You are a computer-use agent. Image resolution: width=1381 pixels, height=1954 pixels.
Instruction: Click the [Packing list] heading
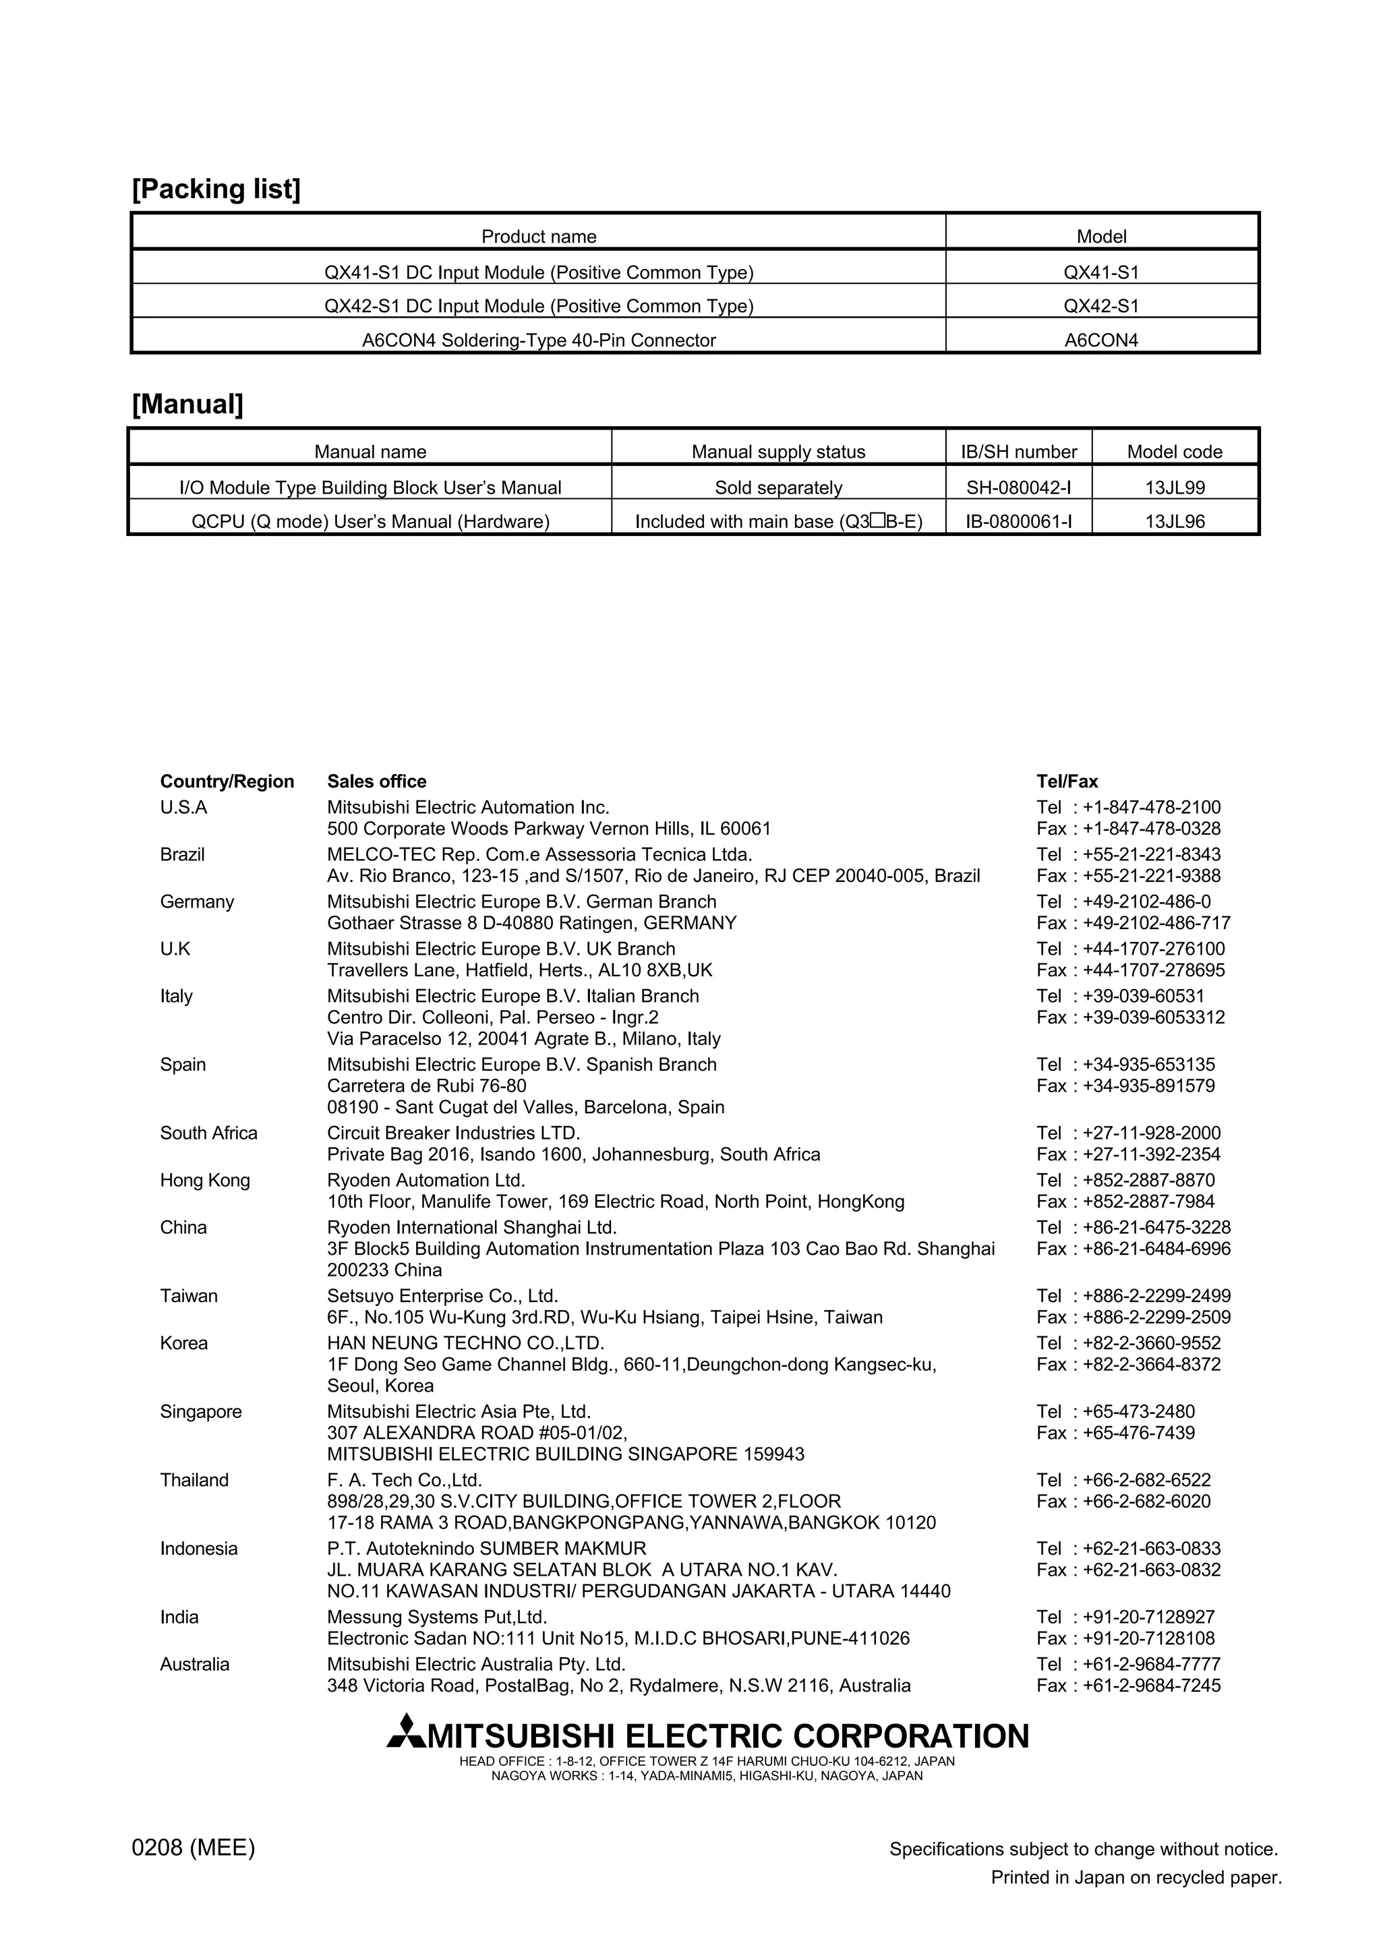click(x=216, y=189)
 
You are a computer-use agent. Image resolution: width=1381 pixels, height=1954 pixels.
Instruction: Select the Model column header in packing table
click(x=1101, y=237)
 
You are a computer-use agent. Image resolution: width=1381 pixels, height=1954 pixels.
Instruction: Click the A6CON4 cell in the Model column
click(x=1101, y=341)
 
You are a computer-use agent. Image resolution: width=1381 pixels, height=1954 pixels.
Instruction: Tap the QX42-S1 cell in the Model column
click(x=1101, y=306)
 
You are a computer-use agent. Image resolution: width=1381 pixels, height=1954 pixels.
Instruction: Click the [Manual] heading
click(x=187, y=405)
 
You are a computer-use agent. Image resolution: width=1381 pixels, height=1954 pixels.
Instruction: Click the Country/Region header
click(x=227, y=781)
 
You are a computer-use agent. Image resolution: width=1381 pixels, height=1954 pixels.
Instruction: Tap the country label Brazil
click(x=182, y=854)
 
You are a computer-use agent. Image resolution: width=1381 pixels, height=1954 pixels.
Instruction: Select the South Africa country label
click(x=208, y=1133)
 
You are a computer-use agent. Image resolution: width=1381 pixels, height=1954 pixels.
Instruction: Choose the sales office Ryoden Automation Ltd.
click(x=426, y=1181)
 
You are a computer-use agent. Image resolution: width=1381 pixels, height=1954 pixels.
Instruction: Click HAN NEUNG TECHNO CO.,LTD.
click(x=465, y=1343)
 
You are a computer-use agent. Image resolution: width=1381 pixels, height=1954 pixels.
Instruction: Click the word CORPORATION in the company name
click(x=910, y=1736)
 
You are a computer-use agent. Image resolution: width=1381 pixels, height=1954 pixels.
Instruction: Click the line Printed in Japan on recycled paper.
click(x=1136, y=1877)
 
